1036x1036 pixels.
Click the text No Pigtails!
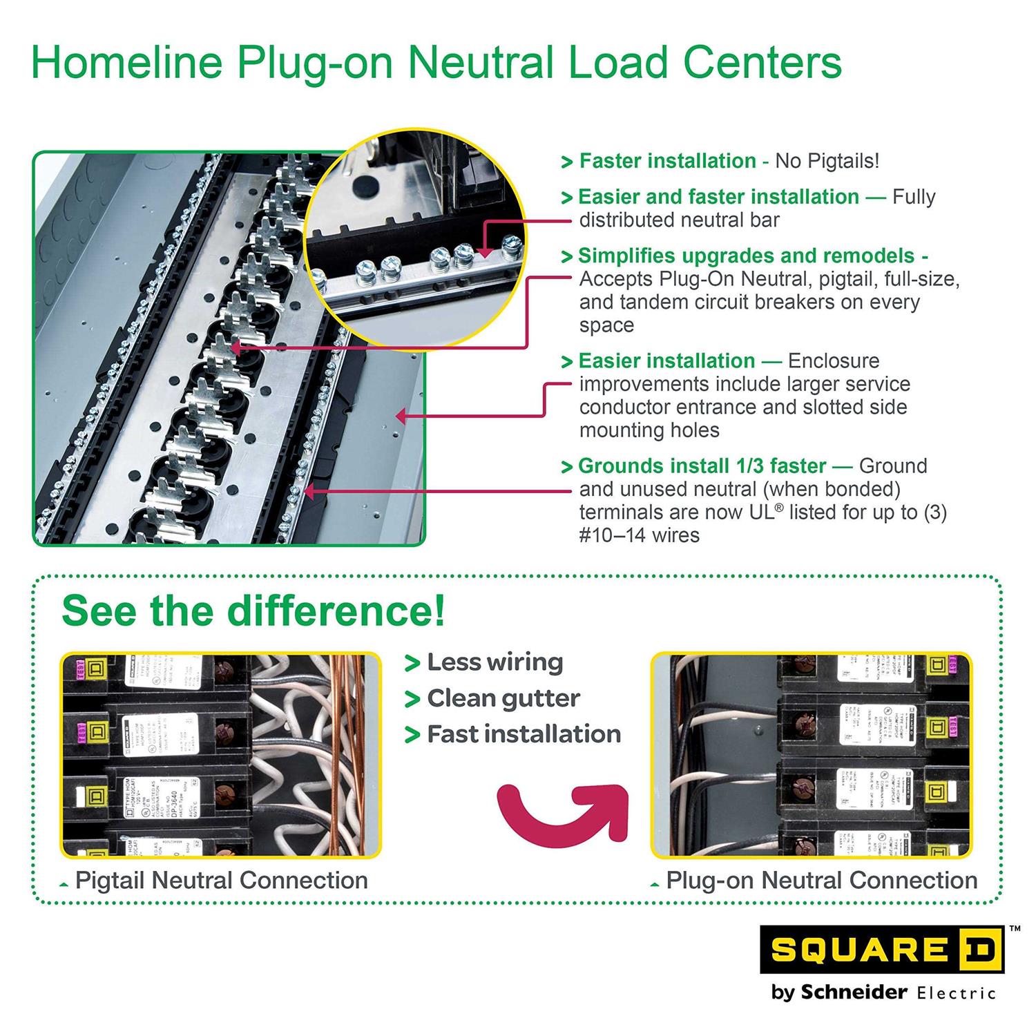click(x=827, y=161)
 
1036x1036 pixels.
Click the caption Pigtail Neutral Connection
click(x=221, y=881)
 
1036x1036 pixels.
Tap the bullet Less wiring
click(x=495, y=662)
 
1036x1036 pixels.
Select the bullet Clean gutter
click(x=503, y=698)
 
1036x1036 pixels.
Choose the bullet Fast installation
click(x=524, y=734)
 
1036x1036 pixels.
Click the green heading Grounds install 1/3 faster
click(x=702, y=466)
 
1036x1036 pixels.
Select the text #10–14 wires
click(x=639, y=535)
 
